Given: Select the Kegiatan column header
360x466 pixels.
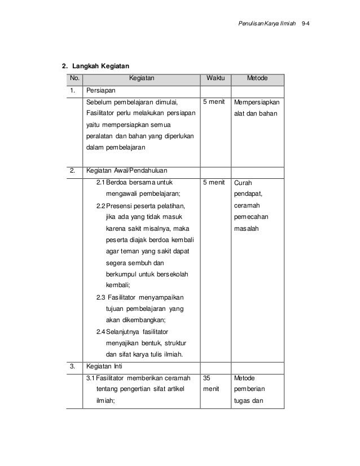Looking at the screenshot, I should (142, 78).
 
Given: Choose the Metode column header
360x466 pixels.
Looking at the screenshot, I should (258, 78).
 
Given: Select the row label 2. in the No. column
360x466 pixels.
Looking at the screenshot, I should (73, 170).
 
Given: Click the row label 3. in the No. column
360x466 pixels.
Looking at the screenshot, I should (73, 366).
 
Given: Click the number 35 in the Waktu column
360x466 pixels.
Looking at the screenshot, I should (207, 378).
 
